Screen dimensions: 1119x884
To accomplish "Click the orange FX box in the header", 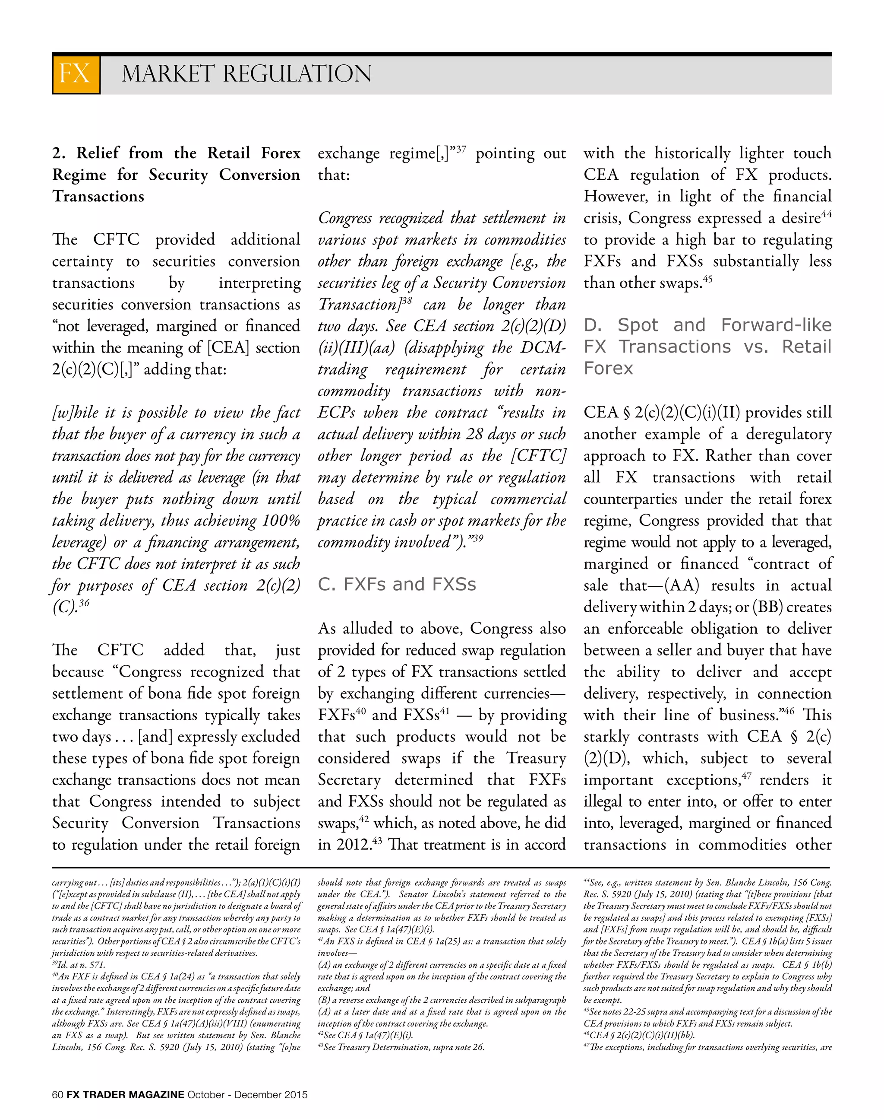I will [76, 73].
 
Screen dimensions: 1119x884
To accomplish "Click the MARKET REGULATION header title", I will [246, 73].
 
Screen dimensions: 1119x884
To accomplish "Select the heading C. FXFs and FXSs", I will [396, 585].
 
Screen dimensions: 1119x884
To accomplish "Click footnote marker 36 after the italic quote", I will [84, 603].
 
